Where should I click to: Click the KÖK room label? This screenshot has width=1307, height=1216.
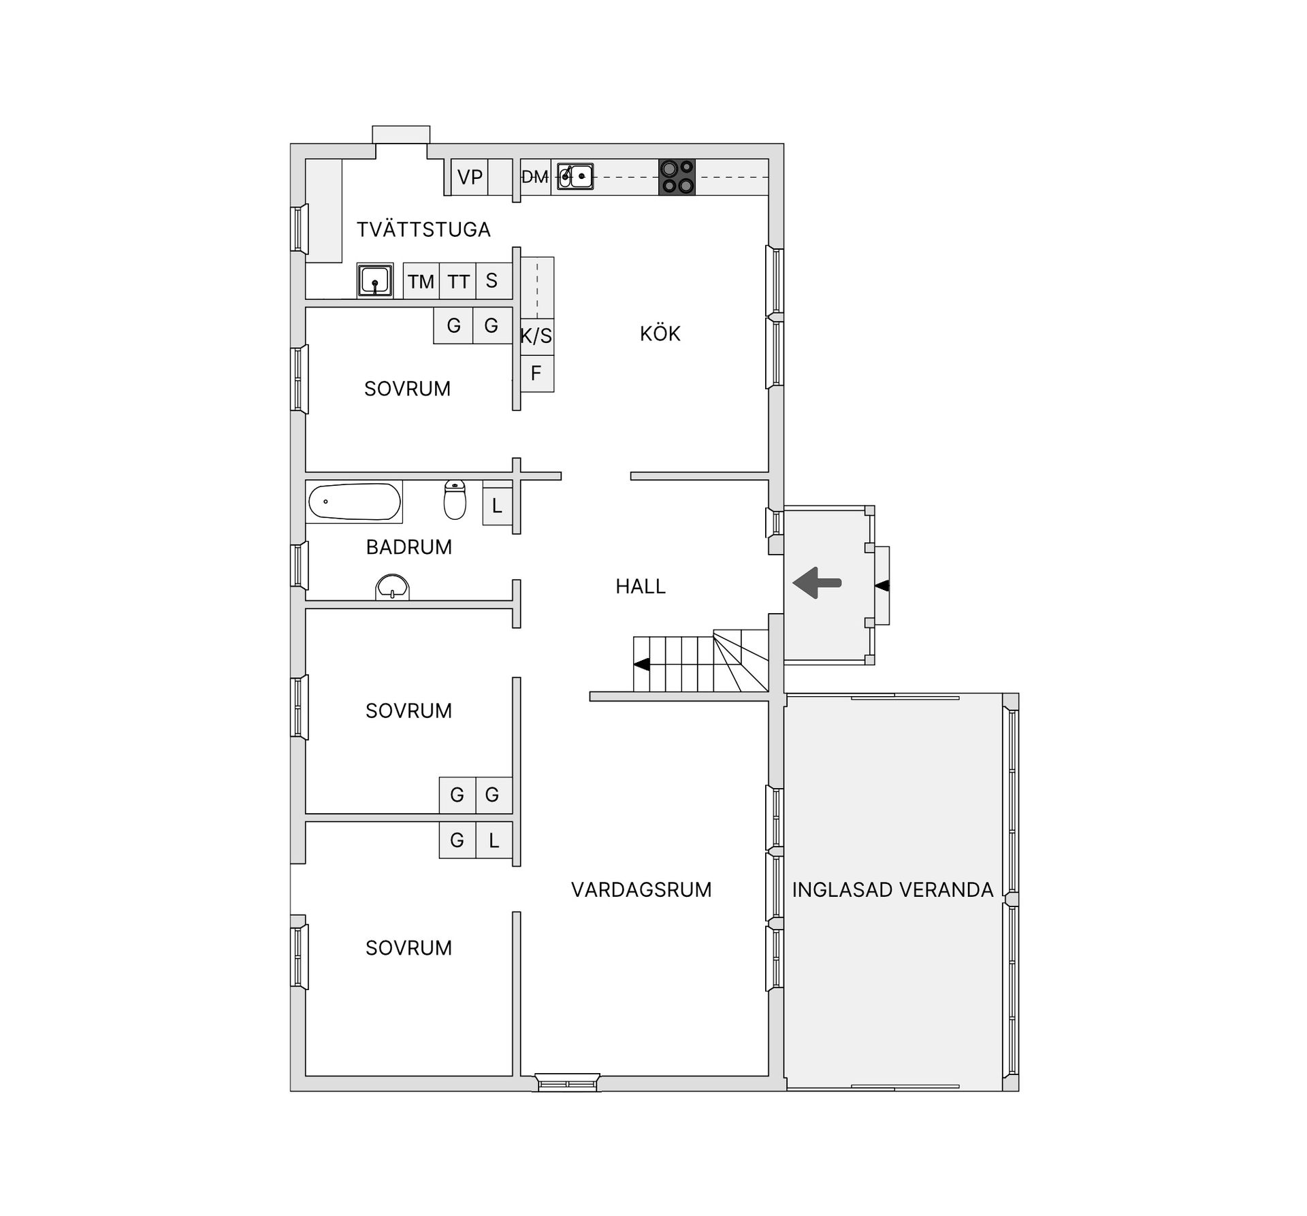tap(660, 333)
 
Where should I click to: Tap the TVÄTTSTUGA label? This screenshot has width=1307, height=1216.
tap(423, 229)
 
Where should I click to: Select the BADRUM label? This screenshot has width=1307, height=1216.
tap(408, 547)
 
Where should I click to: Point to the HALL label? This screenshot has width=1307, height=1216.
tap(640, 587)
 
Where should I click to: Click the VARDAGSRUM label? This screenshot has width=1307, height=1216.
tap(641, 890)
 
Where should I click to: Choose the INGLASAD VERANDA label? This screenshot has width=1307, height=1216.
tap(892, 890)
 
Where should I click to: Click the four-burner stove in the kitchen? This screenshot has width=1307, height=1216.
tap(677, 177)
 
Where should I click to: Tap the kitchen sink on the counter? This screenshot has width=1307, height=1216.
tap(575, 176)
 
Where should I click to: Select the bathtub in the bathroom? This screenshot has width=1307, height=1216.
tap(354, 502)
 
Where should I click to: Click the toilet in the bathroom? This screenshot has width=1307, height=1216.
tap(455, 499)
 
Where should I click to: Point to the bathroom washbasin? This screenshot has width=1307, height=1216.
tap(392, 588)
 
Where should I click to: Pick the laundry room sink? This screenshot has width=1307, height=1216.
tap(375, 280)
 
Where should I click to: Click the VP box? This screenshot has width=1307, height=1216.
tap(470, 177)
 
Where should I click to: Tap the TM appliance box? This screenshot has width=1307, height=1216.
tap(421, 281)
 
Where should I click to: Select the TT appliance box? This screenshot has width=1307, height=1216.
tap(458, 281)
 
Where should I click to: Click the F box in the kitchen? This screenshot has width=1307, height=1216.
tap(537, 374)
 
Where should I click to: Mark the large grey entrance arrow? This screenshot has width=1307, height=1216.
tap(817, 583)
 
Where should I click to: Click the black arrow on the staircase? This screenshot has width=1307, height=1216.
tap(641, 664)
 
